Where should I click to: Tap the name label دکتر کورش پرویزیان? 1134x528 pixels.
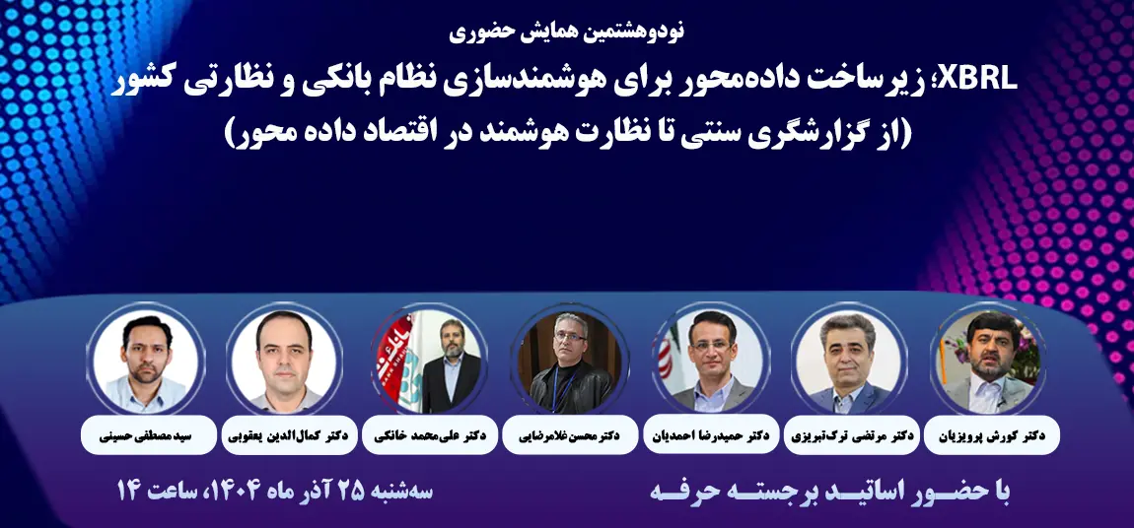pos(991,434)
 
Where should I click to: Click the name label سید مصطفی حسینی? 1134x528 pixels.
pos(146,434)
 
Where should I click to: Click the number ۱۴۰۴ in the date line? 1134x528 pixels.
pos(236,490)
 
